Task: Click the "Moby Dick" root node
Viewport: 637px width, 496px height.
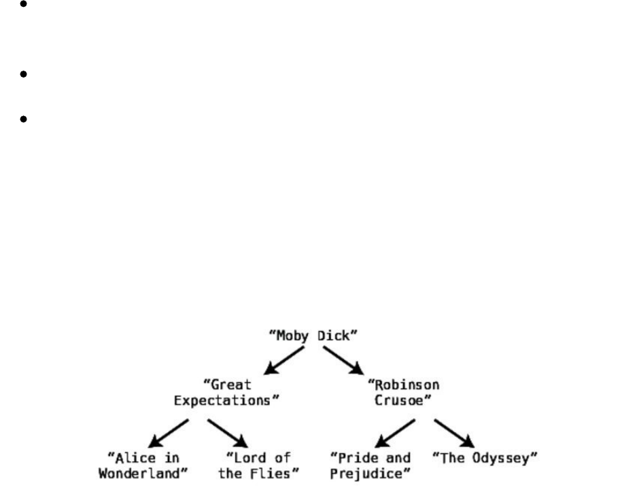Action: coord(313,335)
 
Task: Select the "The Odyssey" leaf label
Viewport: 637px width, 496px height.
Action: coord(485,457)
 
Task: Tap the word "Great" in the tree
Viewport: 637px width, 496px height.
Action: coord(227,385)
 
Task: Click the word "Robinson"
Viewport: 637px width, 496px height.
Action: coord(404,385)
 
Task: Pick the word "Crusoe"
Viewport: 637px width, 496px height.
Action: coord(404,400)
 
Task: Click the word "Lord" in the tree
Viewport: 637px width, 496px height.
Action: coord(248,457)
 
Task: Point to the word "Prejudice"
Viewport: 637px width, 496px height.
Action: coord(370,473)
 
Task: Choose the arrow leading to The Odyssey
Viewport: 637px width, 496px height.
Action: coord(454,433)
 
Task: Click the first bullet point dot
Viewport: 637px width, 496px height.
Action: coord(23,3)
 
